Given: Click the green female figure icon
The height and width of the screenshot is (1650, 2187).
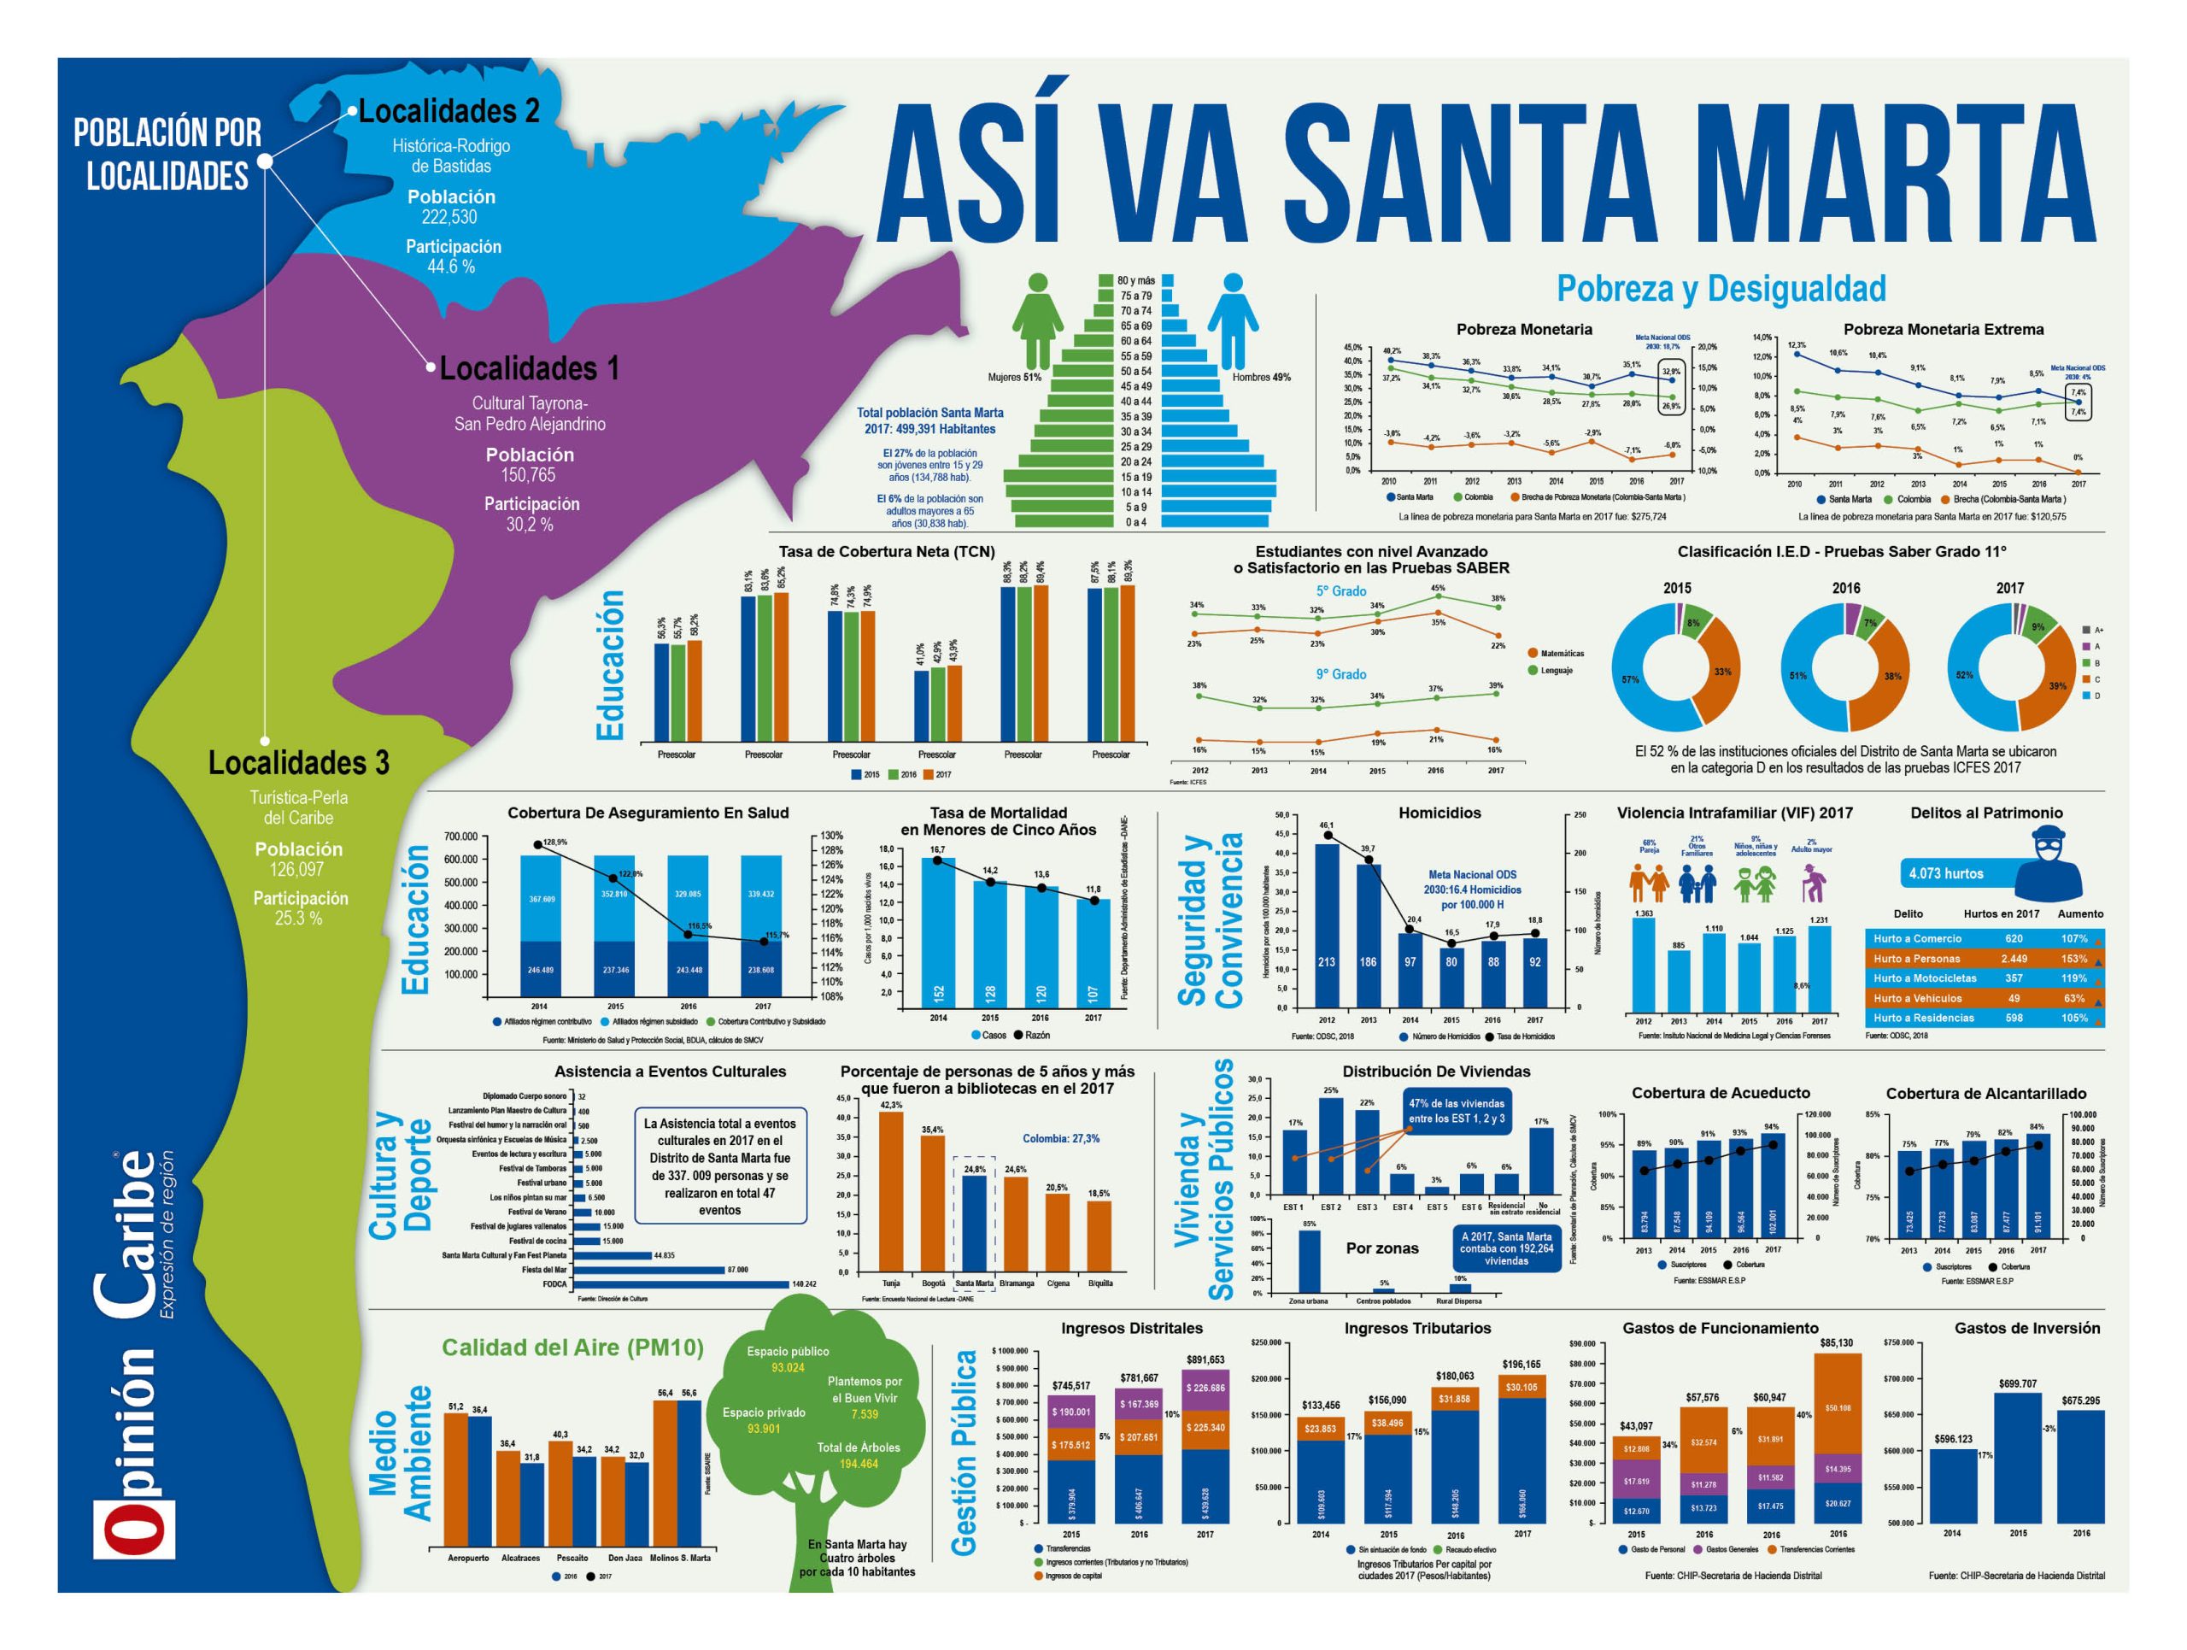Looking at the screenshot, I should [1037, 321].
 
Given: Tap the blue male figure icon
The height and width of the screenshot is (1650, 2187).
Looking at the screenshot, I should [1232, 321].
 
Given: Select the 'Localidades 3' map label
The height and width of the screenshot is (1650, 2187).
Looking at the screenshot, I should [299, 763].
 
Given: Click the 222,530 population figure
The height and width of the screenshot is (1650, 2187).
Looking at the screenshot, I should [450, 216].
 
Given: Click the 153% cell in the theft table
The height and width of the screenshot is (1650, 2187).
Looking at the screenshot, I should [2073, 958].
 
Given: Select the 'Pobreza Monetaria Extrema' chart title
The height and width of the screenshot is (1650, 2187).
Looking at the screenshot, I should [1943, 329].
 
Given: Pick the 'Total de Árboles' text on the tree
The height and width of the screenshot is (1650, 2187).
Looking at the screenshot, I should [859, 1447].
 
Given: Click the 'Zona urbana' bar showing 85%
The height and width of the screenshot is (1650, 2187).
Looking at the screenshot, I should [1309, 1261].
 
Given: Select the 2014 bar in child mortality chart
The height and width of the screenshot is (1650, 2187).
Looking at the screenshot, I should [938, 932].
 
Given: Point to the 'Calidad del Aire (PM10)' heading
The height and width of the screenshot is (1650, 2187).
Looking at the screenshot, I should [572, 1348].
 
